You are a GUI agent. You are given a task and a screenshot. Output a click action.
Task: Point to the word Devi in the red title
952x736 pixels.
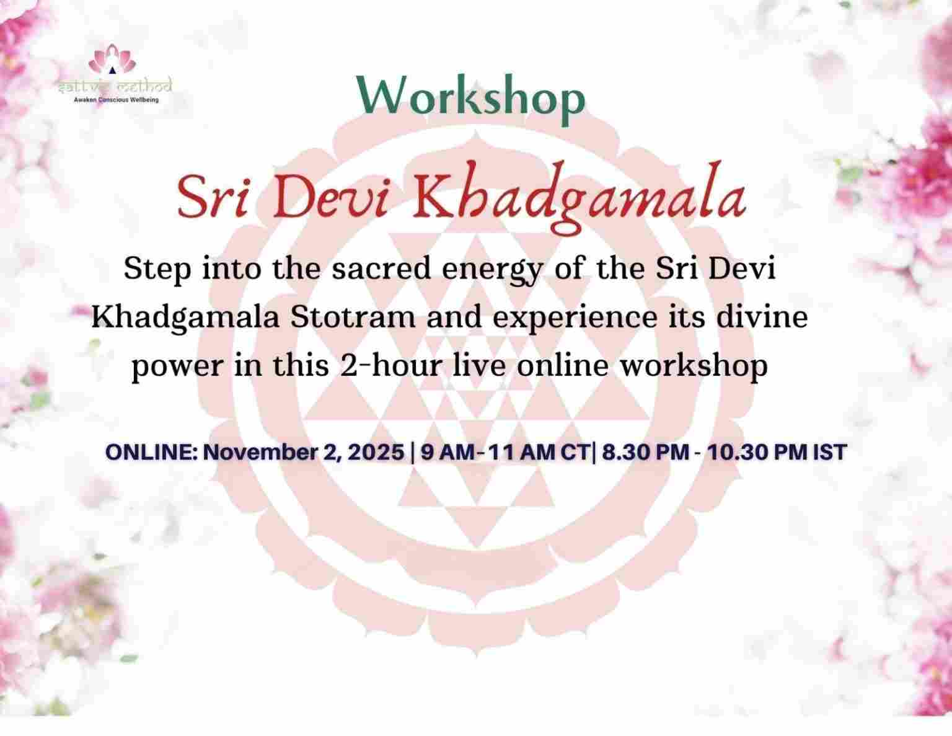pyautogui.click(x=322, y=198)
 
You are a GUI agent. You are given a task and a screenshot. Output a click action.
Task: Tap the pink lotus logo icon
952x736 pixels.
pyautogui.click(x=112, y=59)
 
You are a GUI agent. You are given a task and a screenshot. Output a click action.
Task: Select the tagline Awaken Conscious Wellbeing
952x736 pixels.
pyautogui.click(x=116, y=99)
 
